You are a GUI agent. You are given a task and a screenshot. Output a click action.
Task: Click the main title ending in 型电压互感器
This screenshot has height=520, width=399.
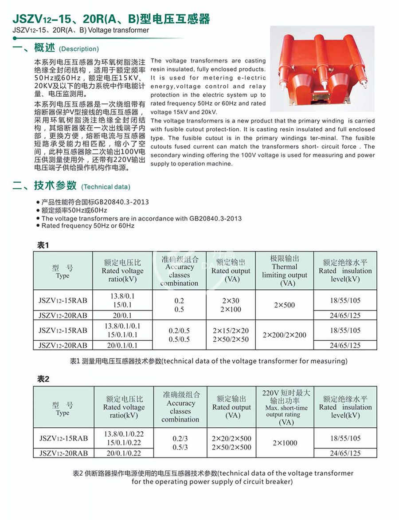point(111,19)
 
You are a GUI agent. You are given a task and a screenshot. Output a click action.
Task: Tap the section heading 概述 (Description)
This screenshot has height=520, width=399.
point(56,48)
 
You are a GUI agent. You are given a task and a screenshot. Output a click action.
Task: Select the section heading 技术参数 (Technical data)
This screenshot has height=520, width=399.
point(71,186)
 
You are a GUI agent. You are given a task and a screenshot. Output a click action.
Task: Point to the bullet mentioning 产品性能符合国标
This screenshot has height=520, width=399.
point(95,202)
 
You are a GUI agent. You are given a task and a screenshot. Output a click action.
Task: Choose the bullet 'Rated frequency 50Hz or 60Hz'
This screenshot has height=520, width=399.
point(88,226)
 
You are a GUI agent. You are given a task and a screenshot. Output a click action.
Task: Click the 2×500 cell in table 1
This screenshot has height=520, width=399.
point(284,305)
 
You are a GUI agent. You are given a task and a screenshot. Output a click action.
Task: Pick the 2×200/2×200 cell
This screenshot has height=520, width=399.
point(284,335)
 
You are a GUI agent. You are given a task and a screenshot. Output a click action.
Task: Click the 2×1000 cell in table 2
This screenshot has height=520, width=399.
point(285,443)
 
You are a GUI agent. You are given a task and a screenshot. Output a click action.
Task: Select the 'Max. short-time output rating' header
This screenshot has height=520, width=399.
point(286,407)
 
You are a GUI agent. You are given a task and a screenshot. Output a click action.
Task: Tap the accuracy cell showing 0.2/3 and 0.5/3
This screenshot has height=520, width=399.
point(180,443)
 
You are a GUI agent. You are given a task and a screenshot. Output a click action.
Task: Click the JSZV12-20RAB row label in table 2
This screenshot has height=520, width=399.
point(63,453)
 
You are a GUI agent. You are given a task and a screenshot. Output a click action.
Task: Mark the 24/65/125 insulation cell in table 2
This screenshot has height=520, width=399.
point(345,453)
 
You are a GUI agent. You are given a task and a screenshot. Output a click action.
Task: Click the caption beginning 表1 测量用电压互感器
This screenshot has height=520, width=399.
point(209,361)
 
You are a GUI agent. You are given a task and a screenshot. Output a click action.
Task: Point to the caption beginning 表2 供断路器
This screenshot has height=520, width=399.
point(213,477)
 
